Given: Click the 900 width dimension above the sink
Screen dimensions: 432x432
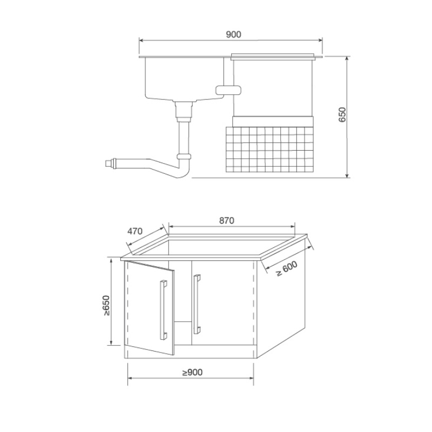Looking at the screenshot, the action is tap(233, 35).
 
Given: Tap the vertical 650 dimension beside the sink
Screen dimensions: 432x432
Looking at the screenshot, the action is tap(342, 114).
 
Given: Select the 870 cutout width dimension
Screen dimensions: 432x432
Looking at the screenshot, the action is tap(227, 220).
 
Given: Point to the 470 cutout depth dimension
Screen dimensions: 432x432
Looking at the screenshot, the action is tap(134, 231).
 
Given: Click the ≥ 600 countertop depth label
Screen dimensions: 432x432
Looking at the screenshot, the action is tap(287, 268).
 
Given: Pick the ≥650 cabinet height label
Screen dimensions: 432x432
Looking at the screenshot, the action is tap(106, 305).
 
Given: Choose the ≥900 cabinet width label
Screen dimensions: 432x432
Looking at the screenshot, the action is tap(192, 373).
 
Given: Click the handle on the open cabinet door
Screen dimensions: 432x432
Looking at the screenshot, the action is tap(164, 310).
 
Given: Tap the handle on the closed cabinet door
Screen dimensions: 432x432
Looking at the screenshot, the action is tap(197, 304).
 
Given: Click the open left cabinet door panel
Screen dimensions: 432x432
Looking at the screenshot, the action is tap(150, 308).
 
